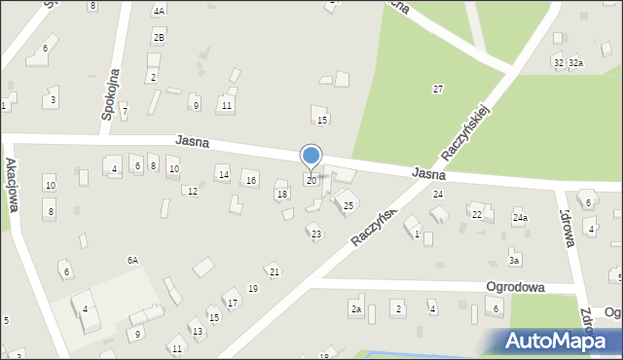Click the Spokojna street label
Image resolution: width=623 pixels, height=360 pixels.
coord(110,93)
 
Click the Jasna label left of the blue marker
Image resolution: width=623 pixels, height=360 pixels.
coord(194,141)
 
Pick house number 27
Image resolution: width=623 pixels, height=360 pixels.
coord(438,89)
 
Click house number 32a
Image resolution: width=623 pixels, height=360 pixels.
coord(576,63)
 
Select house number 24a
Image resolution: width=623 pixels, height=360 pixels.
coord(521,218)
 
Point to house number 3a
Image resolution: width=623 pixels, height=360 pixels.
coord(514,260)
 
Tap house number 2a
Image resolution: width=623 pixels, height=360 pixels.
coord(356,309)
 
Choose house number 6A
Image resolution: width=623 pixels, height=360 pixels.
coord(132,260)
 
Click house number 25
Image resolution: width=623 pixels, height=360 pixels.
coord(348,205)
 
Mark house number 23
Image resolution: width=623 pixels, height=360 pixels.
coord(315,234)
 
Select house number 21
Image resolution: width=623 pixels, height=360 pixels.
coord(275,271)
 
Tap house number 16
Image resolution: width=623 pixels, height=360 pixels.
coord(251,181)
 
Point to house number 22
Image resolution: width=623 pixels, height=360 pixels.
coord(477,214)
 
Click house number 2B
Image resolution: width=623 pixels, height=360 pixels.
coord(158,37)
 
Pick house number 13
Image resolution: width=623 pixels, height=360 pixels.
coord(198,332)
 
